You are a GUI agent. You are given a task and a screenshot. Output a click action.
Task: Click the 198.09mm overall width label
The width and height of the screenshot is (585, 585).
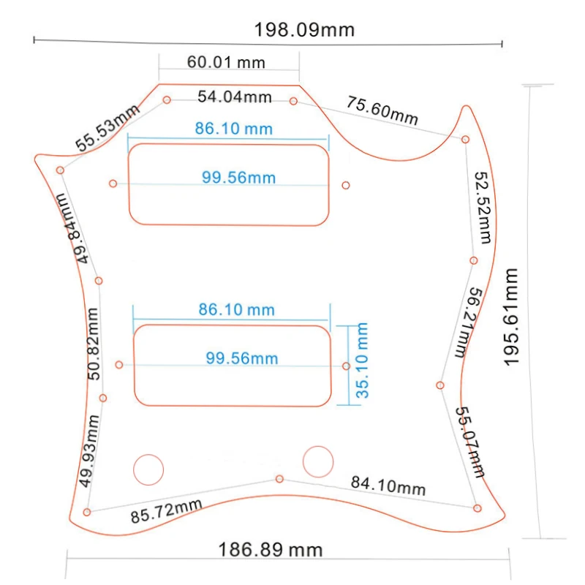click(x=304, y=29)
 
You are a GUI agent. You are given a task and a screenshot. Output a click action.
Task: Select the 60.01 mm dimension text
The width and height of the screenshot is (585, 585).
click(x=226, y=62)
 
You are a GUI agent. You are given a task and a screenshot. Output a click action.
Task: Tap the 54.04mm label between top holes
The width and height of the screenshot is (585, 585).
click(x=235, y=97)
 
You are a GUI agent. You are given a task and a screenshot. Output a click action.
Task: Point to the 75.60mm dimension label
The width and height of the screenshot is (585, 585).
click(x=382, y=110)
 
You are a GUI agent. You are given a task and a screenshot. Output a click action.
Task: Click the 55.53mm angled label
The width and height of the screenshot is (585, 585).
click(x=107, y=127)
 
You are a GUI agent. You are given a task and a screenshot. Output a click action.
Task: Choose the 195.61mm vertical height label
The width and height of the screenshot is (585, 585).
click(x=510, y=317)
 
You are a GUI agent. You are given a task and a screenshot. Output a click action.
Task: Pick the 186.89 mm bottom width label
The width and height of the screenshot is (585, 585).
click(x=270, y=550)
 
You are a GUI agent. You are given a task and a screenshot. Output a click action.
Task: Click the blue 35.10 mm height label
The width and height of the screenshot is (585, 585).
click(x=362, y=361)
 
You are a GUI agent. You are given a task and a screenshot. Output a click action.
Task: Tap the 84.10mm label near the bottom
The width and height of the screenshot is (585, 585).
click(x=388, y=486)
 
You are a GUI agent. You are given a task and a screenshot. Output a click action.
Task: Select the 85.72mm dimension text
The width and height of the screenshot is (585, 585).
click(x=167, y=510)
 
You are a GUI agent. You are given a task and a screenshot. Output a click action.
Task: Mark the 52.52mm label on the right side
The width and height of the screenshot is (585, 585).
click(x=483, y=208)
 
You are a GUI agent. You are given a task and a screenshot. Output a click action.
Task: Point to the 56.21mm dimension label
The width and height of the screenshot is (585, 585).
click(x=469, y=323)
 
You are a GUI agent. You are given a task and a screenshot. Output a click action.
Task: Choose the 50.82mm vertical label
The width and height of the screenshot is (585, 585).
click(x=93, y=344)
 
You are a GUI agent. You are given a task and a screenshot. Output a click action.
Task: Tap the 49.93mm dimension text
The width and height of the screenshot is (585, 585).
click(x=88, y=450)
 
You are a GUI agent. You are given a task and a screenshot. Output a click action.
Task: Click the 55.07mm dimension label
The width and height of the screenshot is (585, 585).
click(x=470, y=442)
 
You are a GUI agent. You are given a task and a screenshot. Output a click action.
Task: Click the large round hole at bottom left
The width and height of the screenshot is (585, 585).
click(x=148, y=469)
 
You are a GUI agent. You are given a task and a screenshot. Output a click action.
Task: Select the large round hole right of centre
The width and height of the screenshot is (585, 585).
click(x=318, y=461)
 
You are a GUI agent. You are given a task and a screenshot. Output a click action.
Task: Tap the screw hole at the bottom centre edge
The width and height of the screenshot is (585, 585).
click(x=279, y=479)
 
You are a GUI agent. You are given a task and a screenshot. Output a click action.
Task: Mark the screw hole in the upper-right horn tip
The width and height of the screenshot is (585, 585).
click(x=465, y=140)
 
